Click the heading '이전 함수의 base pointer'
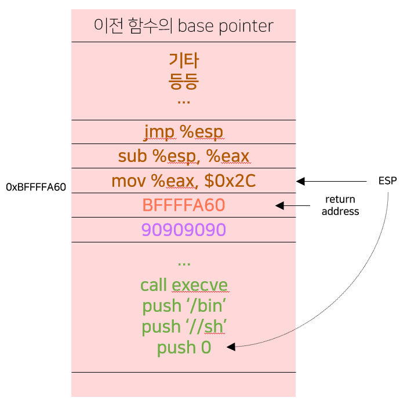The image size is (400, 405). click(183, 26)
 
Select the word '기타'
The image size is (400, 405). click(184, 60)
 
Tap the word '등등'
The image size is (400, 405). click(184, 80)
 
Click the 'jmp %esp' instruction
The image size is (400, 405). click(184, 132)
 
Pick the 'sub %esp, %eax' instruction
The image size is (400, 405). click(184, 156)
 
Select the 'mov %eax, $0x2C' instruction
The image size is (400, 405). click(184, 181)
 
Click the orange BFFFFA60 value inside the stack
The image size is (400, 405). click(184, 205)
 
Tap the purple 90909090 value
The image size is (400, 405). click(184, 230)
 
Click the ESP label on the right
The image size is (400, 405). click(387, 181)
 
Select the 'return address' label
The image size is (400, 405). click(340, 205)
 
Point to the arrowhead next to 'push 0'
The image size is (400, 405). click(231, 347)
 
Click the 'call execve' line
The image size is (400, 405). click(184, 285)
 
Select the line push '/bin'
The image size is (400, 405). click(184, 306)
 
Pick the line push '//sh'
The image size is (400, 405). click(184, 327)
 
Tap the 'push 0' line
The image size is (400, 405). click(184, 348)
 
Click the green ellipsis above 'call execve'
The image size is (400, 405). click(184, 263)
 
